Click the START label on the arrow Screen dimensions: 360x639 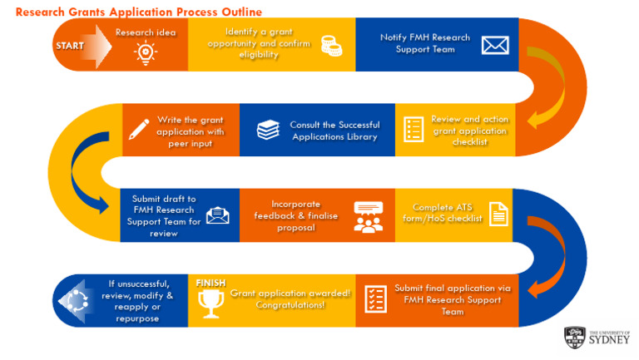click(70, 46)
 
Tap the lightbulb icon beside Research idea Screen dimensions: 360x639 click(146, 53)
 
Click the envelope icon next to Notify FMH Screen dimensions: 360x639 click(494, 44)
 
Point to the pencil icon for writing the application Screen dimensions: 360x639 click(139, 129)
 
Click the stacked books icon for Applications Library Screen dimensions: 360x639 click(268, 130)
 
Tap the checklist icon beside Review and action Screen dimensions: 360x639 click(413, 129)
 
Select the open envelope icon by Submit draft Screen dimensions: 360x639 click(218, 215)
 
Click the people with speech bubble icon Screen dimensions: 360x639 click(367, 215)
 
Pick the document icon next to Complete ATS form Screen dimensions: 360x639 click(498, 215)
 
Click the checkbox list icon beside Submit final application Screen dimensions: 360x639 click(376, 299)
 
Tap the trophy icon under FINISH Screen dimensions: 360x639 click(211, 305)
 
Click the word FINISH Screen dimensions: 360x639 click(211, 283)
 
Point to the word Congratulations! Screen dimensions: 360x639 click(290, 305)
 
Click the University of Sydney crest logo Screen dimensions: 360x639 click(575, 337)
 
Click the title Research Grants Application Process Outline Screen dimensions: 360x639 click(138, 12)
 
